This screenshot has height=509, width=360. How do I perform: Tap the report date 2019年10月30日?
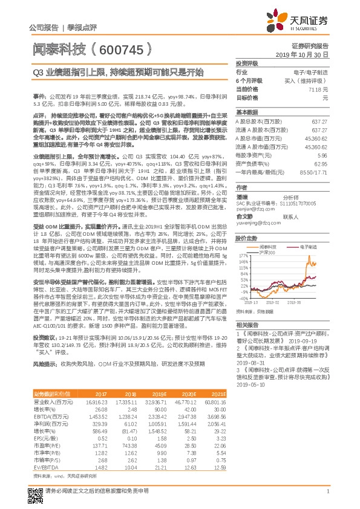[x=306, y=54]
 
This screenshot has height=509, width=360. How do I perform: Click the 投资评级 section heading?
[x=246, y=63]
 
